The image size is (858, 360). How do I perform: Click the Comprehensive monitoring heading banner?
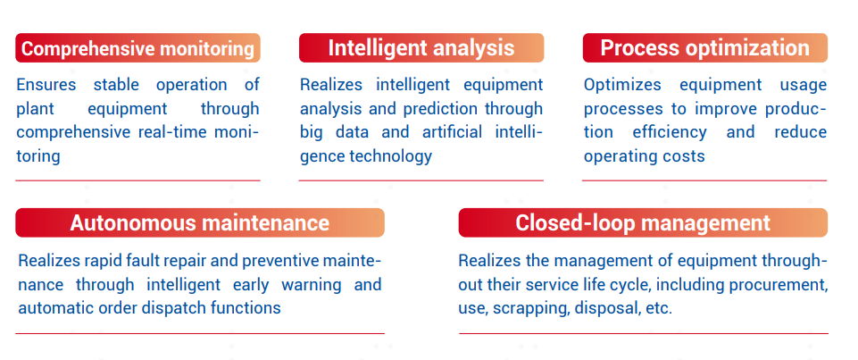click(x=137, y=48)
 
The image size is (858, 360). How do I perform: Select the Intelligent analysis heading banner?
click(x=421, y=48)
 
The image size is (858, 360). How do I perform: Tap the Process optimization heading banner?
click(x=704, y=48)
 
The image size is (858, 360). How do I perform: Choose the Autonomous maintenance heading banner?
click(x=200, y=222)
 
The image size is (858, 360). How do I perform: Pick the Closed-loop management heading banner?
click(x=643, y=222)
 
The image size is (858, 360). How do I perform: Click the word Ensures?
click(x=46, y=85)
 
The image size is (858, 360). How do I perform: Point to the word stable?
click(x=116, y=85)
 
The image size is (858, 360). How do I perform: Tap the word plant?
click(x=36, y=109)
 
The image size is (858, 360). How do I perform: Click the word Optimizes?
click(x=622, y=85)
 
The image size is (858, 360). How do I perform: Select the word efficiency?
click(x=670, y=132)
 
